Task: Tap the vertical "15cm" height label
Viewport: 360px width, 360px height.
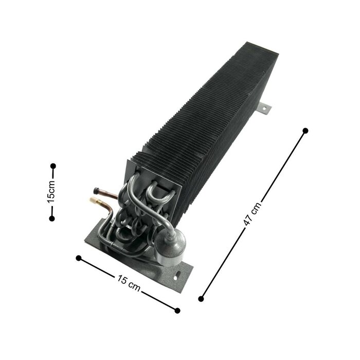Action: tap(51, 192)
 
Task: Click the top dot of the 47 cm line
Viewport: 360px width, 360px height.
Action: tap(305, 131)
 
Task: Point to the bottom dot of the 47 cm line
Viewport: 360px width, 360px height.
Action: tap(201, 298)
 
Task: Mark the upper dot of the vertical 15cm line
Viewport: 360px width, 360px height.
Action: tap(52, 166)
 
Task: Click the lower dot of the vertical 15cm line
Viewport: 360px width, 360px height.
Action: tap(51, 219)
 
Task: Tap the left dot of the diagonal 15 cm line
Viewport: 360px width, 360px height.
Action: tap(78, 258)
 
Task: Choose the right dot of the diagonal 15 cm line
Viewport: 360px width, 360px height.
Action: tap(178, 310)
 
